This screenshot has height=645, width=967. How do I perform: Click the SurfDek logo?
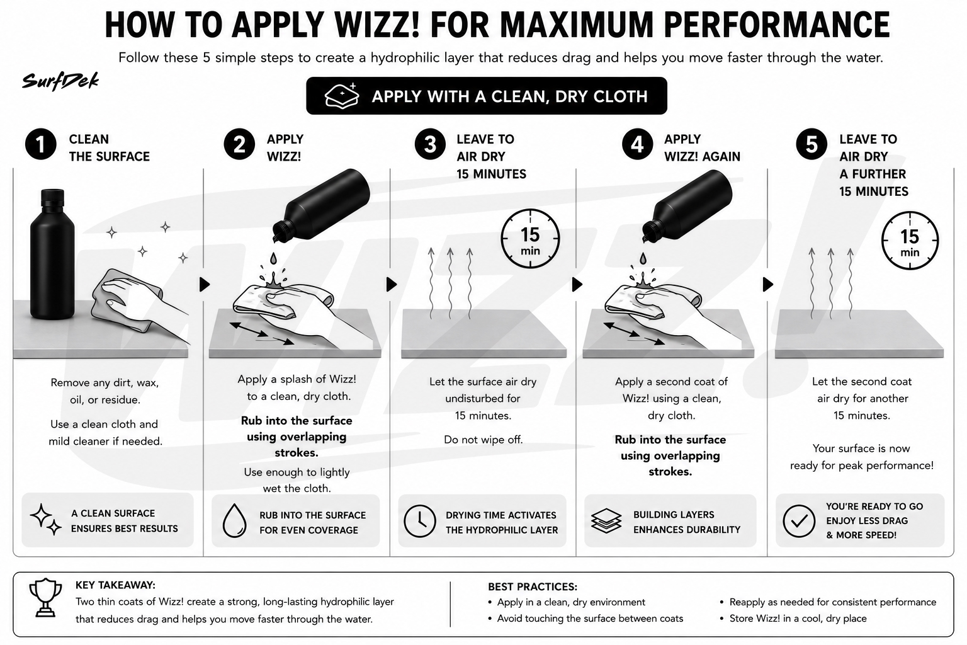(60, 81)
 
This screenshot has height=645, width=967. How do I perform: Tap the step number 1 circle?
(40, 144)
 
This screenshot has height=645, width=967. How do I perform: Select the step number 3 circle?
(430, 144)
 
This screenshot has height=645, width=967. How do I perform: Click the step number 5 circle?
(811, 144)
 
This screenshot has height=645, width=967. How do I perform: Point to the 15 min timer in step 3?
(530, 239)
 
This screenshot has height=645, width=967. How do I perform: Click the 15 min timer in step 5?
(910, 240)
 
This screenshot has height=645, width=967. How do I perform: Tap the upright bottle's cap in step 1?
(52, 197)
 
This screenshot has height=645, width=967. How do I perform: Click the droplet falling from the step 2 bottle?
(273, 258)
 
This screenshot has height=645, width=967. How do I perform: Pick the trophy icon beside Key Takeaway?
(45, 598)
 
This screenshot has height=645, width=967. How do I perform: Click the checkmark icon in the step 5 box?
(799, 521)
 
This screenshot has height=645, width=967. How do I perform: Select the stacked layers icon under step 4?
(606, 520)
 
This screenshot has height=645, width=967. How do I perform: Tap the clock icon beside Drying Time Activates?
(420, 521)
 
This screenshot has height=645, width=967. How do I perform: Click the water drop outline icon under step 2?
(234, 520)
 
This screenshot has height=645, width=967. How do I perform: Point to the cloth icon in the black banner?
(341, 96)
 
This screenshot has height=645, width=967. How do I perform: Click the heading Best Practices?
(532, 586)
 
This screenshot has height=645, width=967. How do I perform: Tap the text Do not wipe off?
(483, 440)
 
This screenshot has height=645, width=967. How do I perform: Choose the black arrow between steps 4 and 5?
(768, 284)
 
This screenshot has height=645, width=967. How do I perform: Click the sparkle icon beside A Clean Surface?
(45, 520)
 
